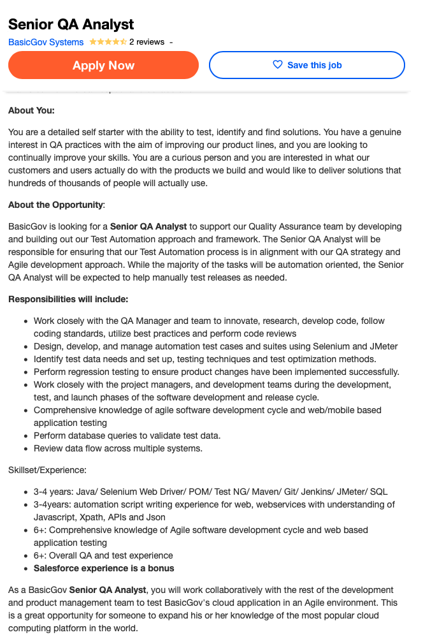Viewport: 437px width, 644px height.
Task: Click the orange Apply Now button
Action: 103,65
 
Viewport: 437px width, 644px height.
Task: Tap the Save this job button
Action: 307,65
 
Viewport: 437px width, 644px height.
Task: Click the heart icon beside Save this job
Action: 277,65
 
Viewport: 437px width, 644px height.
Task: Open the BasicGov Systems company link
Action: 46,42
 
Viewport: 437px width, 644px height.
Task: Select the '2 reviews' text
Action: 147,42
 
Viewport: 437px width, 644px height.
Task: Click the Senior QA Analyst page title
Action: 71,24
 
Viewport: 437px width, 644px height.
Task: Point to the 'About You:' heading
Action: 31,110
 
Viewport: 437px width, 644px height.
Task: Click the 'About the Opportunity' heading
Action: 55,205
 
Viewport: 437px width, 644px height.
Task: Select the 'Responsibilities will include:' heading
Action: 68,299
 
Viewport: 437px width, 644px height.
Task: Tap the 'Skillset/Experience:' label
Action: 47,470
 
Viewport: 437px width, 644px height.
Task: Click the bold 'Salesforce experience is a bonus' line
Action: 104,568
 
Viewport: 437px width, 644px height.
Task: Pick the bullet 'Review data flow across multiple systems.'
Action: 118,448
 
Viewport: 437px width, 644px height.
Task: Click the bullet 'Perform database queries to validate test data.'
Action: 127,435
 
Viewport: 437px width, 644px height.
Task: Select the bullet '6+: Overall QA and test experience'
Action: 103,555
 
